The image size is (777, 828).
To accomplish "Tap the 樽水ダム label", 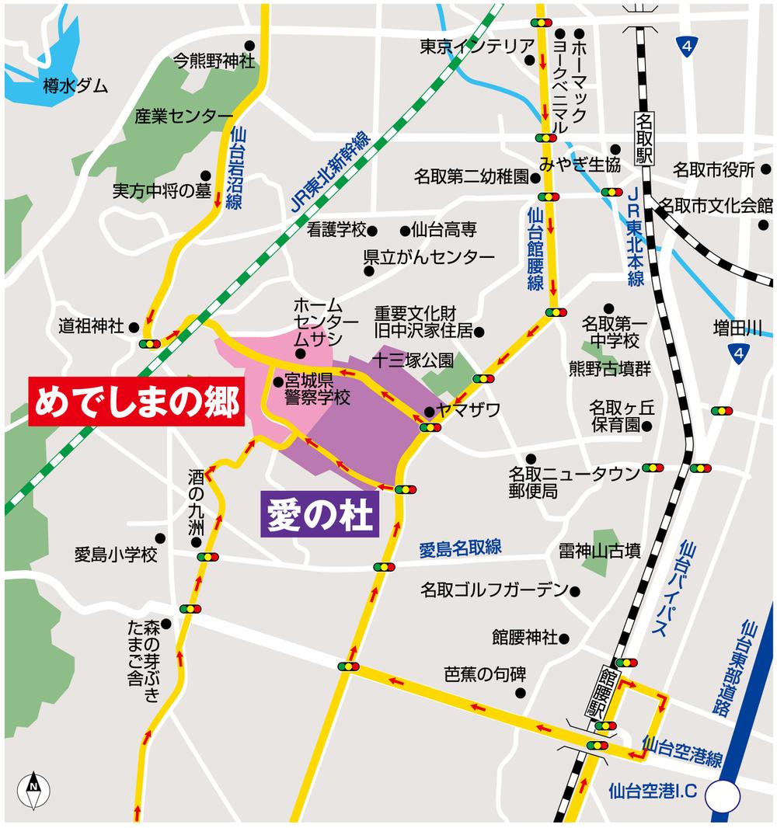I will point(75,86).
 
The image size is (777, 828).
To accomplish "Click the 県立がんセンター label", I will point(428,256).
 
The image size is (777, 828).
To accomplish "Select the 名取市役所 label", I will point(713,169).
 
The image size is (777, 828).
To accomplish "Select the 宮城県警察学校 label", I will point(318,388).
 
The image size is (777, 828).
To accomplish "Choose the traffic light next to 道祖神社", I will point(149,343).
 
